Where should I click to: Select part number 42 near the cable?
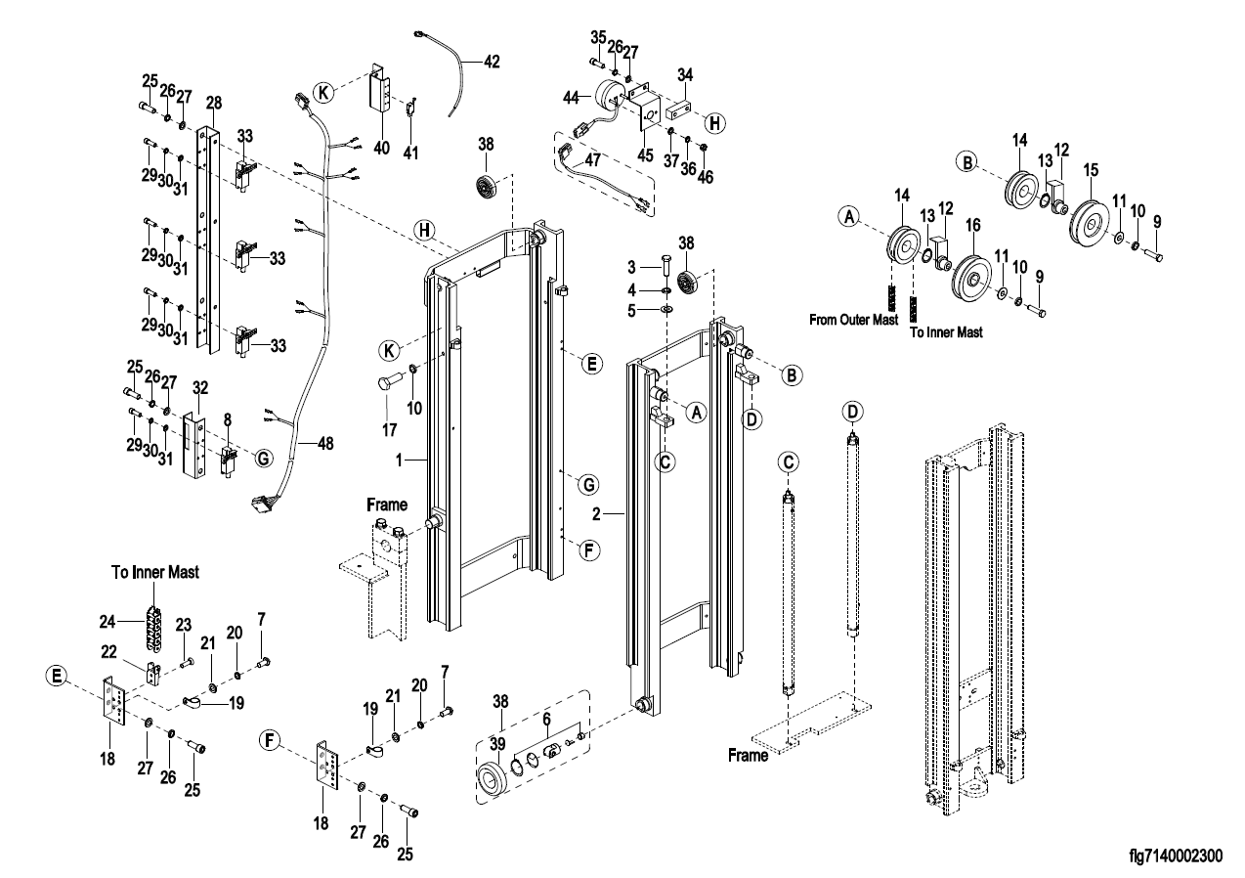[491, 60]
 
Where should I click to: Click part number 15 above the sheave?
[1090, 169]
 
